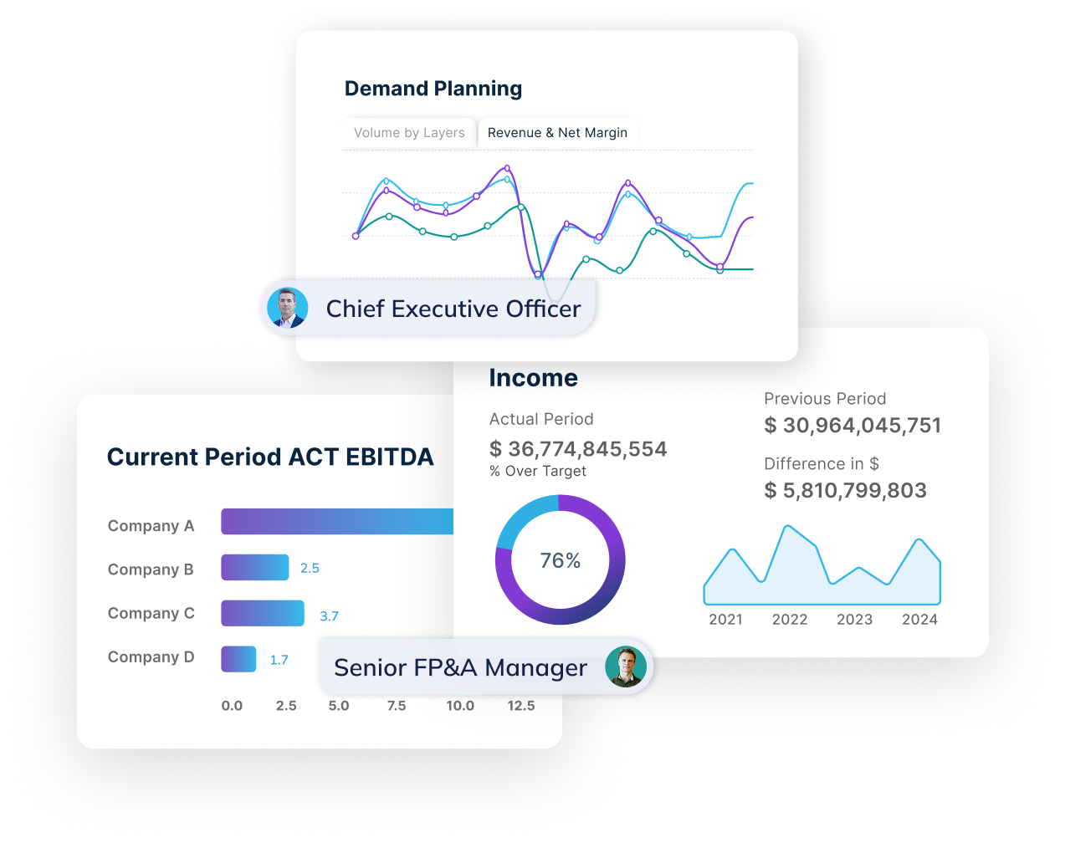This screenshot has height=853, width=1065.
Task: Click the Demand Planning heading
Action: click(433, 89)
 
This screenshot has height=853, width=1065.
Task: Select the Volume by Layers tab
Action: click(409, 133)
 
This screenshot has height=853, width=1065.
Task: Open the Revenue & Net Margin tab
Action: click(557, 133)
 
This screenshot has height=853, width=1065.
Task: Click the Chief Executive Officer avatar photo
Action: click(287, 308)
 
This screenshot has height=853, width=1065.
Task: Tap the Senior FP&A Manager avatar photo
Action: click(626, 667)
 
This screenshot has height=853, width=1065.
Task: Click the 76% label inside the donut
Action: click(560, 560)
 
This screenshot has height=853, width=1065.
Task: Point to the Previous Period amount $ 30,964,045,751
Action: click(853, 426)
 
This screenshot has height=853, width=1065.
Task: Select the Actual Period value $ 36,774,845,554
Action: click(578, 449)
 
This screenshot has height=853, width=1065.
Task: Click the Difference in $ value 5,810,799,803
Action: click(846, 491)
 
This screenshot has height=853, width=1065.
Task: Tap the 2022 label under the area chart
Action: click(790, 620)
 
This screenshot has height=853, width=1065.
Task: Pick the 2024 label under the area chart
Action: click(919, 620)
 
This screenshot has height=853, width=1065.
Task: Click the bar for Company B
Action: click(254, 568)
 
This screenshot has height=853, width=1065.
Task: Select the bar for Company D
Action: click(238, 659)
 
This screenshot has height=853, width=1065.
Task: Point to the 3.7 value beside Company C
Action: click(329, 616)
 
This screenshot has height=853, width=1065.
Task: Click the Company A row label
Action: click(151, 526)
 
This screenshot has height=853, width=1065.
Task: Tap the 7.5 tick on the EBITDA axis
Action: click(397, 706)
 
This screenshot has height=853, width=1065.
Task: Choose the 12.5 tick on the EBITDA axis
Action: click(520, 706)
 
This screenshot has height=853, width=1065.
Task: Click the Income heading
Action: click(533, 378)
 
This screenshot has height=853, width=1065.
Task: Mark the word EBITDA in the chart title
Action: click(389, 457)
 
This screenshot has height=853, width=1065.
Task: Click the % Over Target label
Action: click(538, 472)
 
